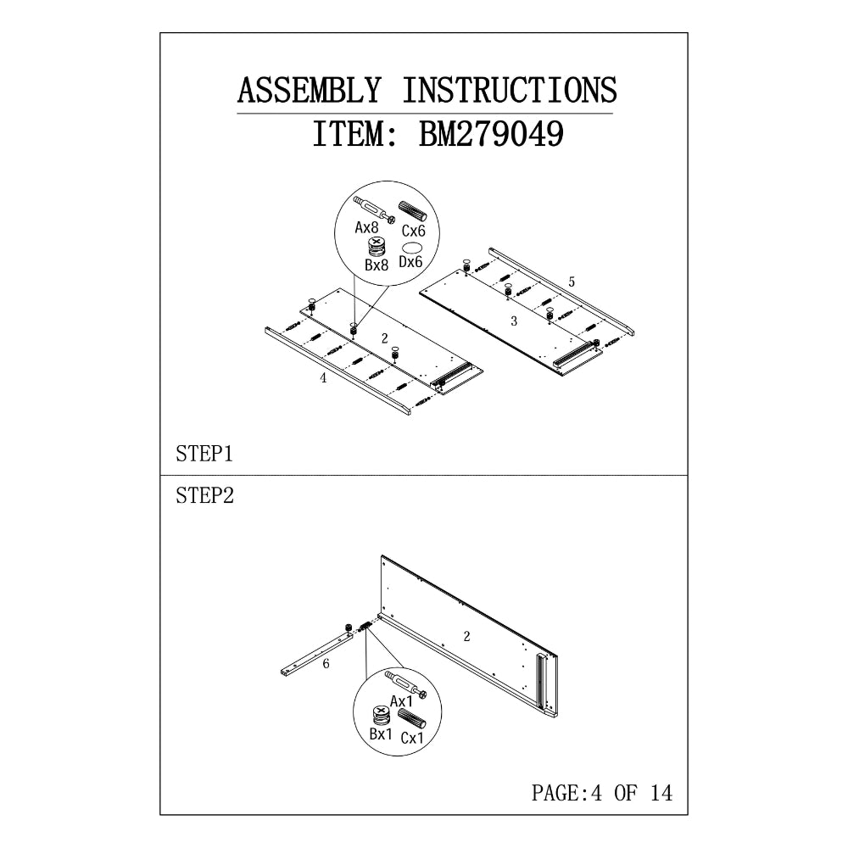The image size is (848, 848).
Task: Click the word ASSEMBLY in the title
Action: (308, 90)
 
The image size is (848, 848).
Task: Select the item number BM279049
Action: (491, 134)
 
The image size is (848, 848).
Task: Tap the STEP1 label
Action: (204, 455)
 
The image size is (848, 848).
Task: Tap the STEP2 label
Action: (204, 496)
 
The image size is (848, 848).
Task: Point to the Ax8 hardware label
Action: (366, 227)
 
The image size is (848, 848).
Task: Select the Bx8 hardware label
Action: (377, 265)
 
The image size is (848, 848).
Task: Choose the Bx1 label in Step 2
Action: (381, 734)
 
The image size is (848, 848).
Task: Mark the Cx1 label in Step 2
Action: (412, 739)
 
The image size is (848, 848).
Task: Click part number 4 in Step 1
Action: (323, 379)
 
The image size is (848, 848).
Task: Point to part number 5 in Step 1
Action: (572, 281)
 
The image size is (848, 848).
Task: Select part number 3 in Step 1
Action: (513, 321)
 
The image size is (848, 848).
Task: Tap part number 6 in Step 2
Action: (326, 664)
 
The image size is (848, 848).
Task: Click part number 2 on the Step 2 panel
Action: (466, 634)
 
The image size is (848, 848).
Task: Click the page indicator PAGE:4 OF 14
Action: (601, 793)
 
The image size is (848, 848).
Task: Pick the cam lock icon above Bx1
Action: (381, 713)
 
